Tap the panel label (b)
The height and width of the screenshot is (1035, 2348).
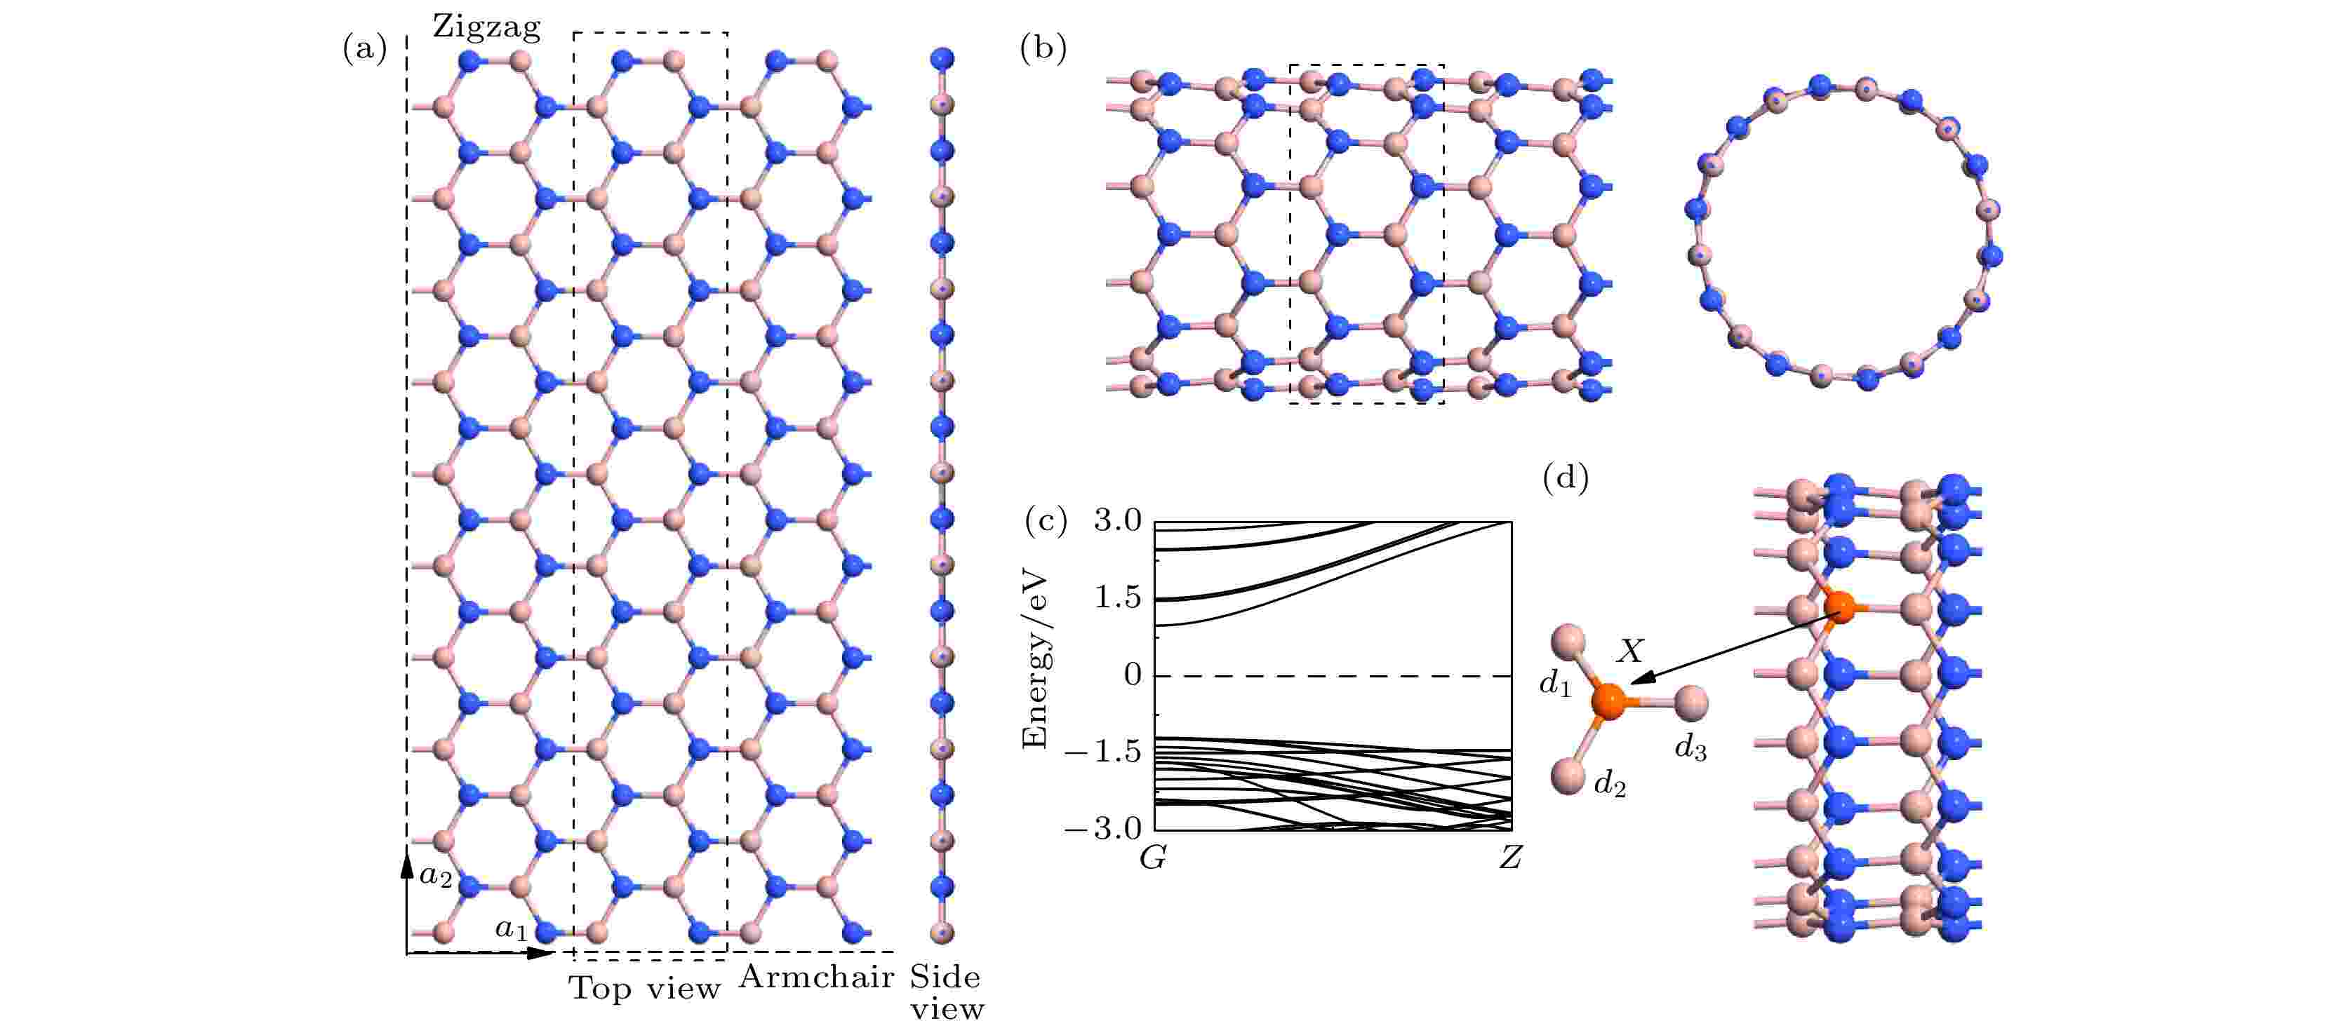click(x=1043, y=48)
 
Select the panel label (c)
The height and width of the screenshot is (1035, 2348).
click(x=1046, y=521)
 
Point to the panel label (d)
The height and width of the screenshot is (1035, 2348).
click(x=1565, y=477)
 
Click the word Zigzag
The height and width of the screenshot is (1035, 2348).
click(x=486, y=27)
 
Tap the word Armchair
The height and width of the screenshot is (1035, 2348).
click(x=816, y=977)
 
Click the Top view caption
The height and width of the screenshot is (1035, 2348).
click(x=644, y=987)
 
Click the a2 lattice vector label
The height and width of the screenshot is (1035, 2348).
click(x=436, y=877)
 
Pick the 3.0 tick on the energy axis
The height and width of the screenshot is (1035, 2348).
click(x=1117, y=520)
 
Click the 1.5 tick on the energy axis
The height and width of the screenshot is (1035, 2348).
click(x=1117, y=597)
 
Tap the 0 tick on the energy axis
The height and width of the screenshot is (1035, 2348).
click(x=1132, y=675)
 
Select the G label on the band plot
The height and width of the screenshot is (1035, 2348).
click(x=1153, y=858)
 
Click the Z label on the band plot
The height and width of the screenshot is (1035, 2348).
click(x=1510, y=858)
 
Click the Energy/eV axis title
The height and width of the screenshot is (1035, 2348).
click(x=1036, y=661)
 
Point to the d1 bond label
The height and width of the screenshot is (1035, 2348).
click(x=1555, y=682)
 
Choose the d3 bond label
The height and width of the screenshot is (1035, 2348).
click(x=1690, y=747)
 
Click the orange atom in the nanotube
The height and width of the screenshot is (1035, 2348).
click(x=1839, y=607)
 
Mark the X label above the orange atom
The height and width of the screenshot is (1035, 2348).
click(x=1629, y=651)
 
